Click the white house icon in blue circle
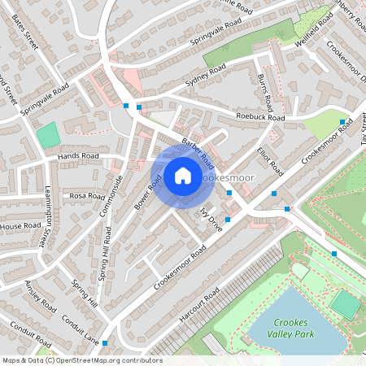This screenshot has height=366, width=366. tap(183, 175)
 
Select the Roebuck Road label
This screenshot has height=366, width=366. tap(260, 117)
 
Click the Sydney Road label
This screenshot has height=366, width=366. tap(206, 75)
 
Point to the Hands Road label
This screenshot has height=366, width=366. tap(78, 155)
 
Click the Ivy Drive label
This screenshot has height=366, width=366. tap(210, 219)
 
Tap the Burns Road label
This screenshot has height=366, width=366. tap(264, 91)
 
